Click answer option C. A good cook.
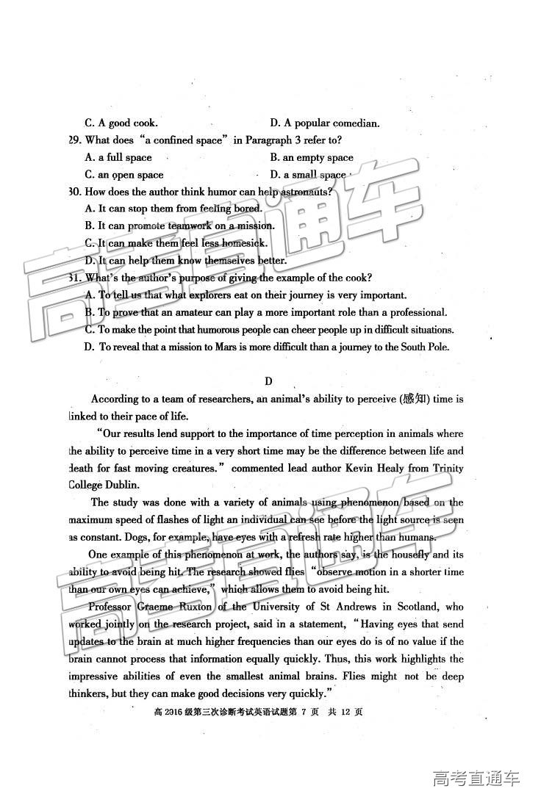coord(121,123)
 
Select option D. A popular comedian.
coord(324,123)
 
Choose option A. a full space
coord(118,157)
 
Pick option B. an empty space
coord(312,157)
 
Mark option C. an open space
coord(124,175)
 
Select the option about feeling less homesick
coord(176,243)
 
